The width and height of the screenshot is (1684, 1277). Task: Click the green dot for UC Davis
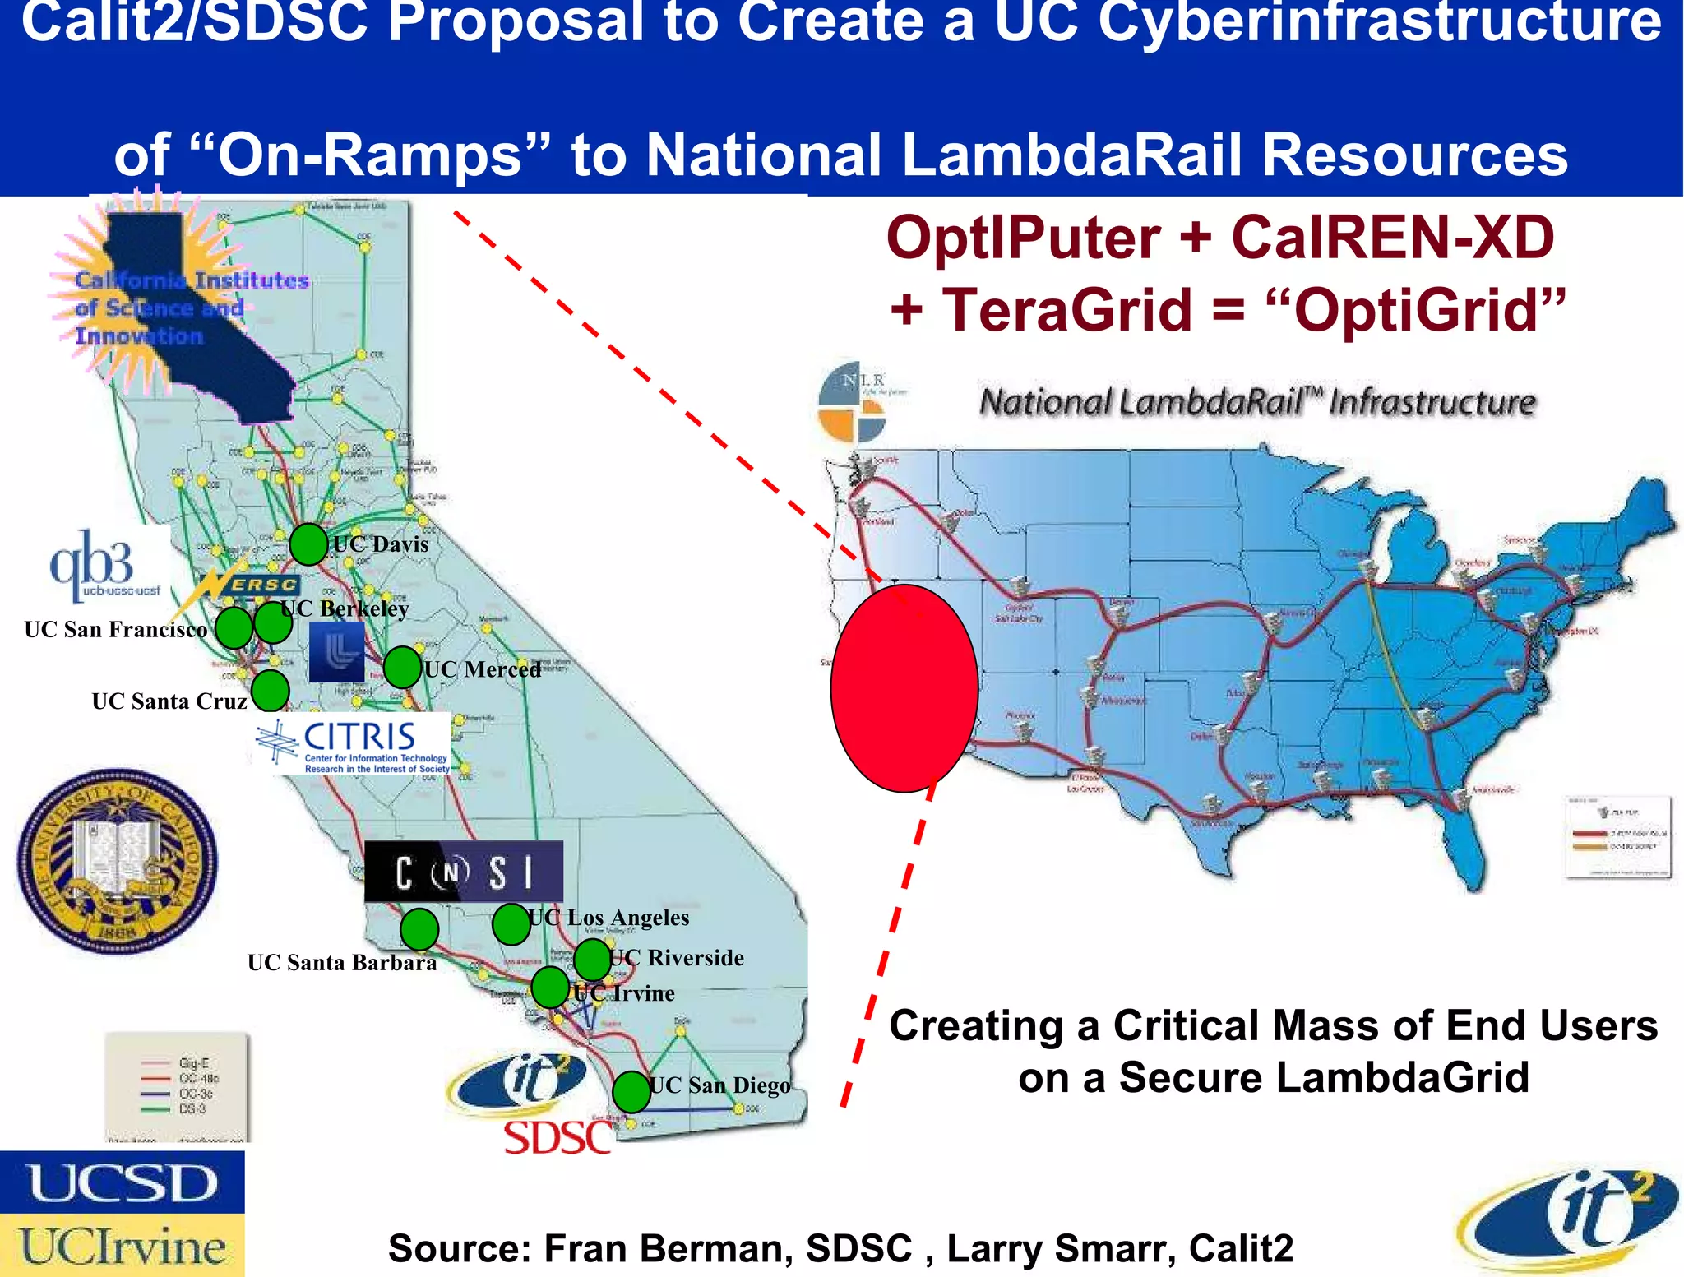[308, 544]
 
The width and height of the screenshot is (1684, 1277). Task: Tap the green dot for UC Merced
[402, 667]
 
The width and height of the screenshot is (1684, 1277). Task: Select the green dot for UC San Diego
[631, 1092]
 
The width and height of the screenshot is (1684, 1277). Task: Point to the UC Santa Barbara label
[342, 962]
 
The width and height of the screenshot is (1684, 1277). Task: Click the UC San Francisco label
[116, 630]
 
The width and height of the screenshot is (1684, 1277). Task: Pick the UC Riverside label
[678, 958]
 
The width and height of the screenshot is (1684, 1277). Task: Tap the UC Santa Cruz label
[169, 701]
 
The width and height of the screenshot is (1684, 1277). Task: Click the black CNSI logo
[464, 872]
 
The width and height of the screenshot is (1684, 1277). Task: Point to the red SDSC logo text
[558, 1139]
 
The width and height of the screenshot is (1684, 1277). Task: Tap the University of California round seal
[118, 861]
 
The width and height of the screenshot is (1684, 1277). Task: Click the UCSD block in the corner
[123, 1182]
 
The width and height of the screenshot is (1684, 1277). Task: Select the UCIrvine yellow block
[123, 1246]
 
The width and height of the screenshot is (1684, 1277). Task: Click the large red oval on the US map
[904, 688]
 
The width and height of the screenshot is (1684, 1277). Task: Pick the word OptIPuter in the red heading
[1024, 238]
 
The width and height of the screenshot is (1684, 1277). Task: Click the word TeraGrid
[1066, 310]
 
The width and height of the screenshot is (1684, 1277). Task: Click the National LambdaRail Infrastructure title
[1257, 402]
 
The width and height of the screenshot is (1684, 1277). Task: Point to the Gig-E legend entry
[194, 1063]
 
